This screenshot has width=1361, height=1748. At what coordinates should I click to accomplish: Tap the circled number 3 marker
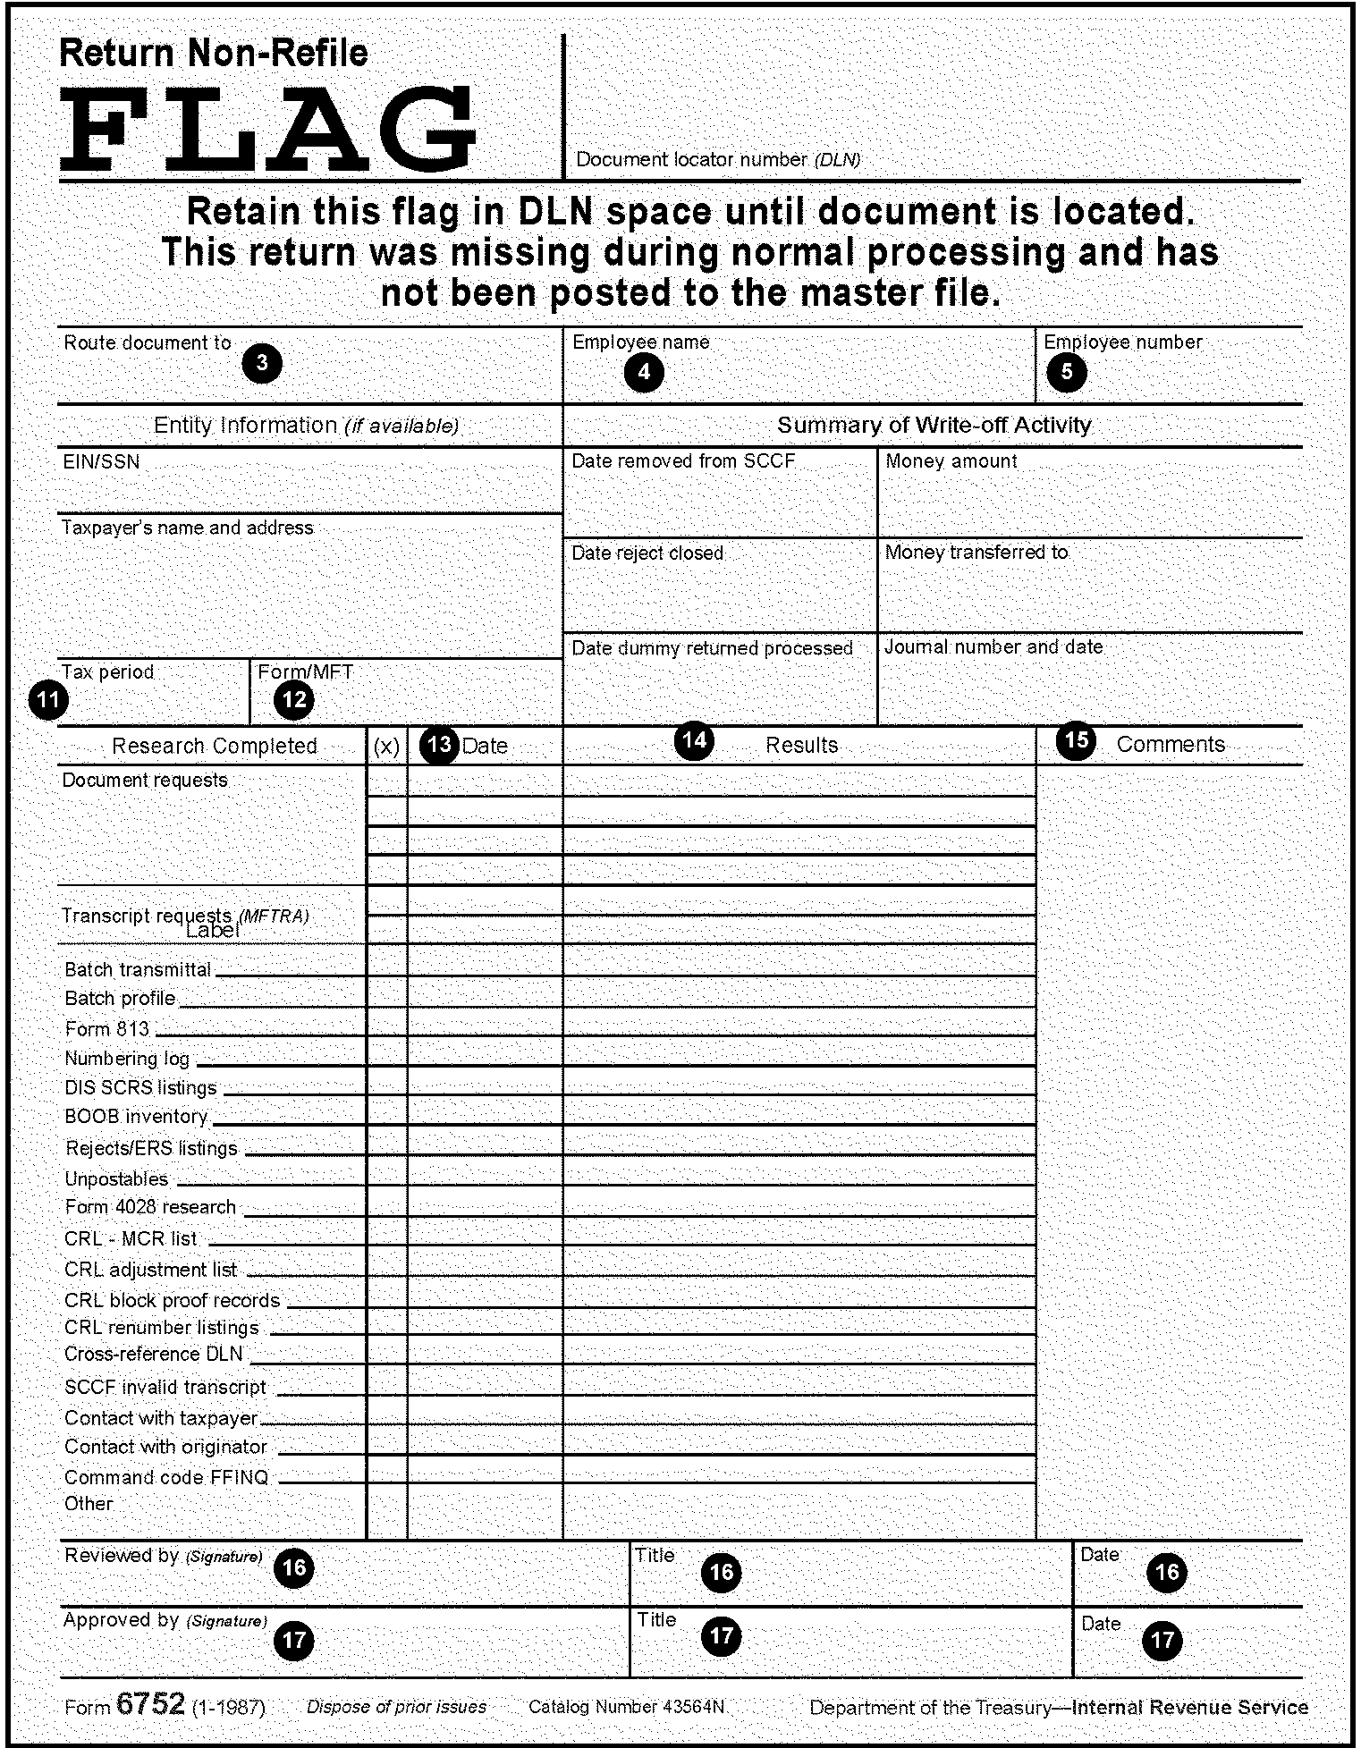pyautogui.click(x=262, y=364)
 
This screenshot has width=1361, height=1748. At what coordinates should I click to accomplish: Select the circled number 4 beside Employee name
pyautogui.click(x=644, y=372)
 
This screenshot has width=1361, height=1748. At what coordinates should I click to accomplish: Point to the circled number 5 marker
pyautogui.click(x=1067, y=372)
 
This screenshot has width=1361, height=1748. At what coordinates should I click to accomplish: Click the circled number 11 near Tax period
pyautogui.click(x=48, y=699)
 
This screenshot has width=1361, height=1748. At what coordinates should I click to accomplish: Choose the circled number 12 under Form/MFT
pyautogui.click(x=294, y=699)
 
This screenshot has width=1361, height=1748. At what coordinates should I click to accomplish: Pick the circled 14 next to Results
pyautogui.click(x=694, y=739)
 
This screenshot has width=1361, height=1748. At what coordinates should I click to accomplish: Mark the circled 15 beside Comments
pyautogui.click(x=1077, y=739)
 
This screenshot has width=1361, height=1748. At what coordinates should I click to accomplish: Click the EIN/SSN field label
pyautogui.click(x=101, y=461)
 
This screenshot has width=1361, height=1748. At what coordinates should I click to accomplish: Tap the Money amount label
pyautogui.click(x=951, y=461)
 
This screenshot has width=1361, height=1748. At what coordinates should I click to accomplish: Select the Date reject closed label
pyautogui.click(x=647, y=553)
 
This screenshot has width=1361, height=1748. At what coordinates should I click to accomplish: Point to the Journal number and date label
pyautogui.click(x=993, y=646)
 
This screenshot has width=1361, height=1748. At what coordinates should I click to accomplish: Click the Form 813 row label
pyautogui.click(x=106, y=1029)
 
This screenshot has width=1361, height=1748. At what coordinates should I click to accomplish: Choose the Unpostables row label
pyautogui.click(x=116, y=1178)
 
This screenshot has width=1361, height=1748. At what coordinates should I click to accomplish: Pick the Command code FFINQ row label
pyautogui.click(x=166, y=1477)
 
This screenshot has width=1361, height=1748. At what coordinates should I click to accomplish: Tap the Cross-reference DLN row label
pyautogui.click(x=153, y=1354)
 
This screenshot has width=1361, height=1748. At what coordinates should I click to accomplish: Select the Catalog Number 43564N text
pyautogui.click(x=626, y=1706)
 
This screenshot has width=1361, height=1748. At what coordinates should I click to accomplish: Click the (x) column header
pyautogui.click(x=386, y=747)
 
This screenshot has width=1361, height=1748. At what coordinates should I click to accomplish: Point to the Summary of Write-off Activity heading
pyautogui.click(x=934, y=425)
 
